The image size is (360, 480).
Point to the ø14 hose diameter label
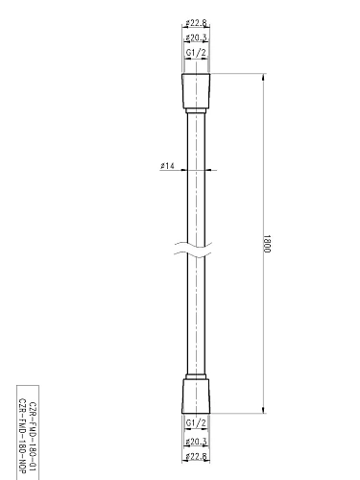pos(167,166)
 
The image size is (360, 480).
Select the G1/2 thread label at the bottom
pos(194,422)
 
